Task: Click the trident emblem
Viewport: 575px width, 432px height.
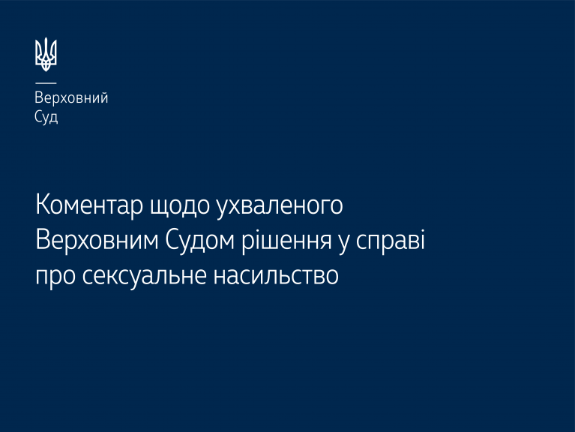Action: pos(46,54)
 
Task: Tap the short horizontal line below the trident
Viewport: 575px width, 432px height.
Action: pos(46,83)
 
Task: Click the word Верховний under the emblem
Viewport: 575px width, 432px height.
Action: pos(71,98)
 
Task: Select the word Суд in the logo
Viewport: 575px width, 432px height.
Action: pos(46,117)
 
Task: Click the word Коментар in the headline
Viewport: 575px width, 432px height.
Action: pos(89,205)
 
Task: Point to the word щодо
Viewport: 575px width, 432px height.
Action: pos(180,206)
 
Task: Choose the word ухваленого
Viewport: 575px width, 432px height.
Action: pos(280,206)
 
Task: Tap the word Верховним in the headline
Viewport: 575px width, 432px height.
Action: pos(97,240)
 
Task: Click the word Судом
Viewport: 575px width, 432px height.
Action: pos(199,241)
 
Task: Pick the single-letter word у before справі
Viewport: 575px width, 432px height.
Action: pos(343,245)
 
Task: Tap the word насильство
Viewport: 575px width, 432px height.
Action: pos(276,276)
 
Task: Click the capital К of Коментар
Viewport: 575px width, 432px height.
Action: pos(43,205)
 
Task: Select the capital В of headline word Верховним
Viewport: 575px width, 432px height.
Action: pos(43,240)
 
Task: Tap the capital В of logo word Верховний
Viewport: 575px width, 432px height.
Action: pos(39,97)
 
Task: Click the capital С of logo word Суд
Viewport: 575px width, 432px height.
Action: pos(38,116)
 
